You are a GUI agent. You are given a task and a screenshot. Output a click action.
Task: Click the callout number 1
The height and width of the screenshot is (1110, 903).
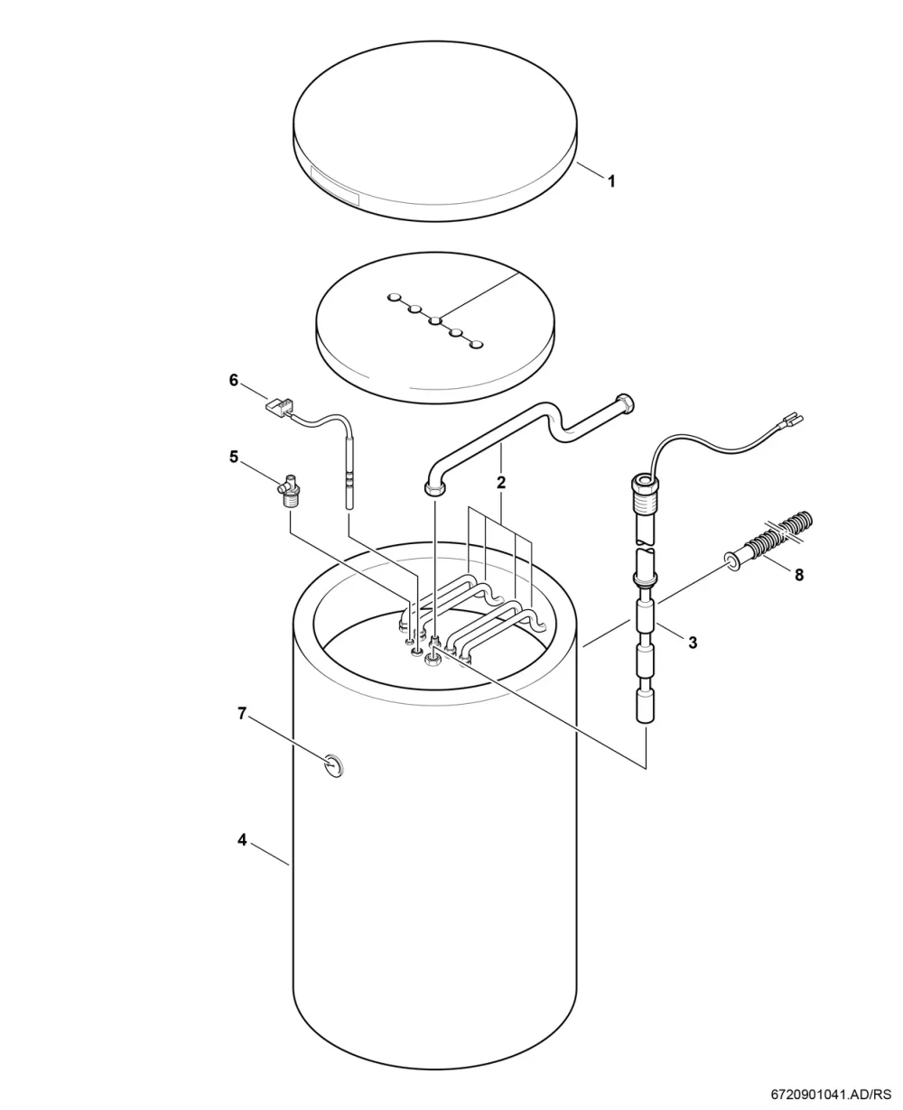pos(611,181)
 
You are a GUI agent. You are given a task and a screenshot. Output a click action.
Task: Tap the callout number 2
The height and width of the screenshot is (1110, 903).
pos(501,483)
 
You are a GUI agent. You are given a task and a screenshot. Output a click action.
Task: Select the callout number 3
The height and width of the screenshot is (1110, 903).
pos(693,643)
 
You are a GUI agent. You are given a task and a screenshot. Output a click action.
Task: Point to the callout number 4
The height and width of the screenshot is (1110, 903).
pos(242,840)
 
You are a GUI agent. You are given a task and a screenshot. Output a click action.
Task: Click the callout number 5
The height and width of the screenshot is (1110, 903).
pos(234,457)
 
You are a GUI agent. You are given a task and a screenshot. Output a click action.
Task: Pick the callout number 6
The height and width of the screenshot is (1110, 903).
pos(234,381)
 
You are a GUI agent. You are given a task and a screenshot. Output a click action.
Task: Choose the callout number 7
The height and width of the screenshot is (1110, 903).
pos(241,714)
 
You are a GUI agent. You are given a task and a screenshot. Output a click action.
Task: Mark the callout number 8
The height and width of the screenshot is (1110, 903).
pos(799,576)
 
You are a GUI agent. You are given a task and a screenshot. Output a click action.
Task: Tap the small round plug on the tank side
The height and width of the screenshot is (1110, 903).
pos(333,765)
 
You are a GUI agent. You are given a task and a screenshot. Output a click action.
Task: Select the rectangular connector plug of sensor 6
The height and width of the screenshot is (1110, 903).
pos(279,404)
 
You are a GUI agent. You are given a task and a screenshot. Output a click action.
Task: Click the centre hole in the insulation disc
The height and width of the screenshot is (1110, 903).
pos(436,321)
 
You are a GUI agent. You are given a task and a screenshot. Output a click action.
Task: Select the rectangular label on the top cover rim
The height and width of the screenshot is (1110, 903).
pos(335,186)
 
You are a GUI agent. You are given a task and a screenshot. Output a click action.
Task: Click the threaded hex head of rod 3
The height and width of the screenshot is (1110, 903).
pos(645,490)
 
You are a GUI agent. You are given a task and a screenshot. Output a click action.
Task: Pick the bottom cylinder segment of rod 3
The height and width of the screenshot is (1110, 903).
pos(645,707)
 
